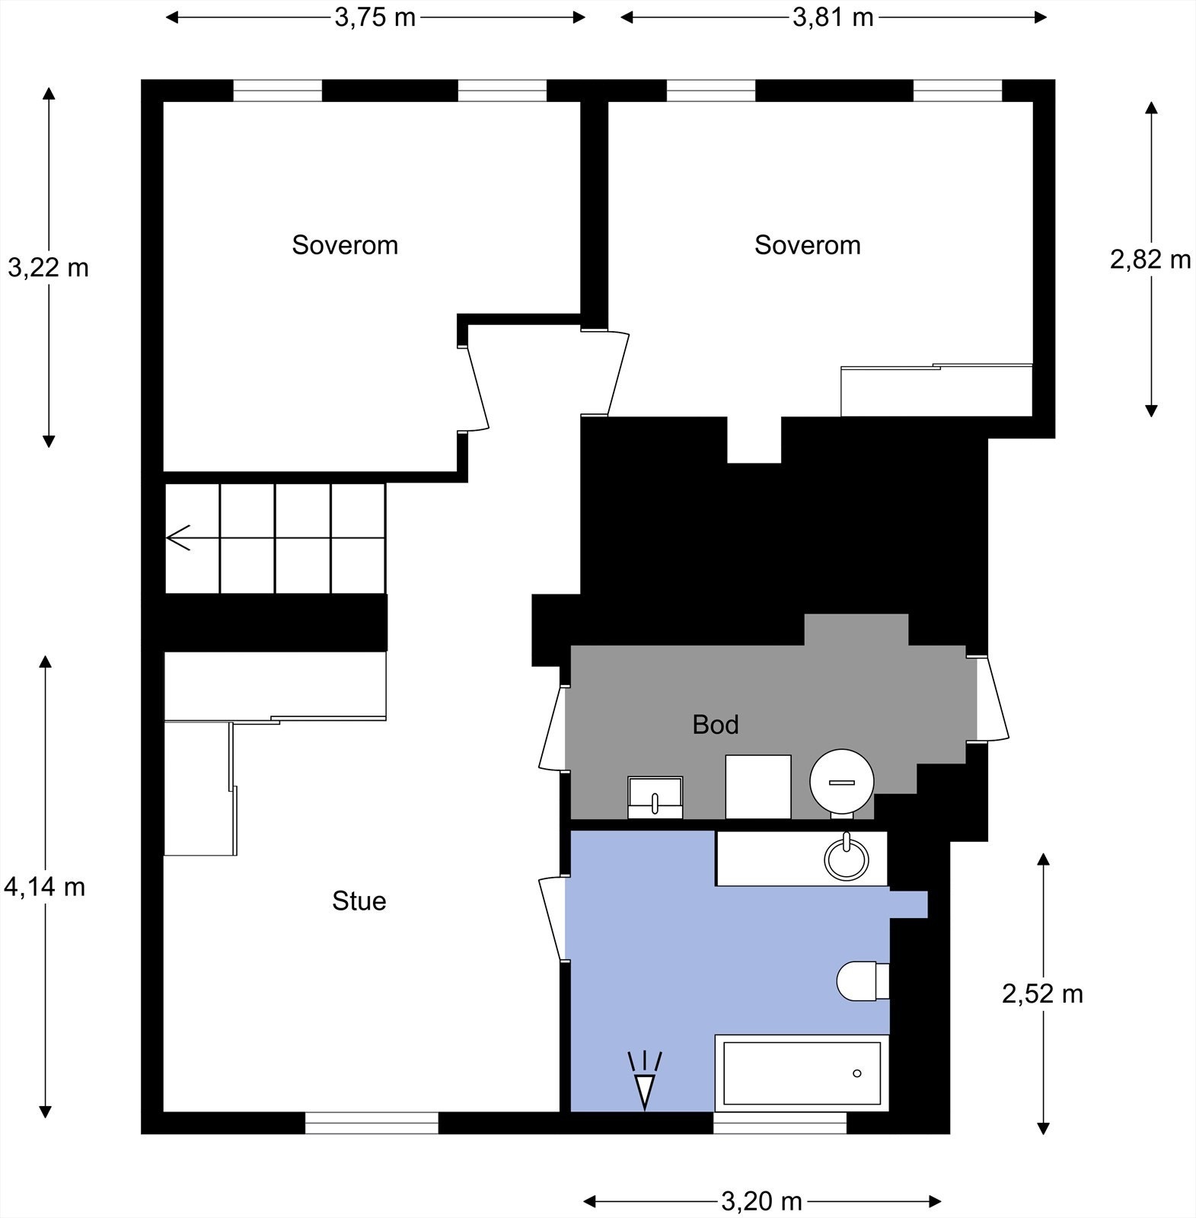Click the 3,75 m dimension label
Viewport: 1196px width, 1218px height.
375,18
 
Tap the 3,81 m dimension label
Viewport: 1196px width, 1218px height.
833,18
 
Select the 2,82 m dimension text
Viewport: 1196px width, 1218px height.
1150,260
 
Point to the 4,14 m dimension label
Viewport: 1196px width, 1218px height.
45,887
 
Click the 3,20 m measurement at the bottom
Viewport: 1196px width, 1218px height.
761,1202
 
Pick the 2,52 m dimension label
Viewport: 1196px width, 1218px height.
1042,993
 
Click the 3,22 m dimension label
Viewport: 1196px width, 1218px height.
48,267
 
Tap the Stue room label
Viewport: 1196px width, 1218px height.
359,901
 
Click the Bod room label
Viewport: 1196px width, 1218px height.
715,725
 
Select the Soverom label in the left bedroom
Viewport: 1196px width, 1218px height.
345,245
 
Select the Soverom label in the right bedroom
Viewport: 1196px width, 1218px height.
807,245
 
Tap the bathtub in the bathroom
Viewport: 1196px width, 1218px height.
802,1073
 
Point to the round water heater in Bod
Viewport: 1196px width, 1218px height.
841,782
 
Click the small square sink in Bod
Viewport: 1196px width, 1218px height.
655,797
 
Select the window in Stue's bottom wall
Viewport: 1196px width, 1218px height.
372,1123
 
